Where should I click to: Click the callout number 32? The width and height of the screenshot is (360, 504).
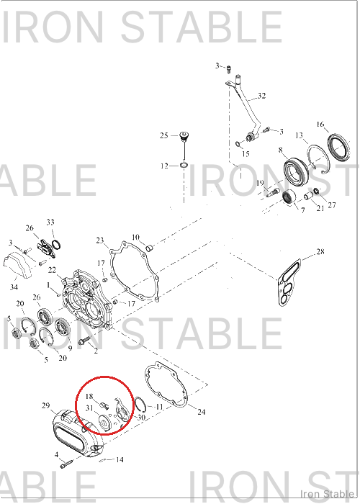tap(261, 96)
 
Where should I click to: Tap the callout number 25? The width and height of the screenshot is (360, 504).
tap(164, 135)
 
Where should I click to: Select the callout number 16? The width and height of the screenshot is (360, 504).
tap(320, 124)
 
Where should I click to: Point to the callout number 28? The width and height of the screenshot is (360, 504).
tap(320, 251)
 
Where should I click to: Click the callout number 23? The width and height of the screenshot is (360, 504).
tap(100, 240)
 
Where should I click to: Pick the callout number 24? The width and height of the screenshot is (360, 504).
tap(201, 412)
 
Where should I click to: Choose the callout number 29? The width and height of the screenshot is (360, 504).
tap(46, 405)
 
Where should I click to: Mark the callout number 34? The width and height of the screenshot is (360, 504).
tap(14, 287)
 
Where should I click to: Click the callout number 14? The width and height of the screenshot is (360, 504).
tap(120, 459)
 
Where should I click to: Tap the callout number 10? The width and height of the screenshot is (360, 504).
tap(135, 237)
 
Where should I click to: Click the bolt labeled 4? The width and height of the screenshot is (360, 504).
tap(66, 464)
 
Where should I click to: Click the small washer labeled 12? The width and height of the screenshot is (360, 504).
tap(184, 165)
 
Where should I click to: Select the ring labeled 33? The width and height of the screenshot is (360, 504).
tap(56, 245)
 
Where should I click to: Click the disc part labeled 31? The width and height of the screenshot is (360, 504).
tap(104, 422)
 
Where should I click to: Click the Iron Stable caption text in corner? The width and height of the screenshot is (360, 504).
tap(327, 493)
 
